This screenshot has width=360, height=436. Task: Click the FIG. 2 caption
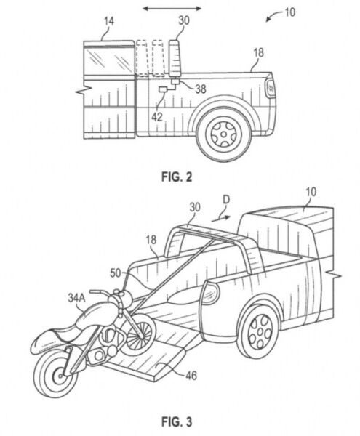[177, 177]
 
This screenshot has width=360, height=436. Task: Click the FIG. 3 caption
[177, 421]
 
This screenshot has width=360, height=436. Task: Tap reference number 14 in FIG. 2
[109, 21]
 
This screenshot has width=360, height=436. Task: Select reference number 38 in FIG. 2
[200, 89]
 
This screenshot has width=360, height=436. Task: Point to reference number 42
[156, 117]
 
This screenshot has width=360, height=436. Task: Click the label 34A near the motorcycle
[76, 298]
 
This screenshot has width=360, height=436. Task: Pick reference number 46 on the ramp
[191, 376]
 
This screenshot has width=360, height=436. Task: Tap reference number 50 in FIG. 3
[116, 273]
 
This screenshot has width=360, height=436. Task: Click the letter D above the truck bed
[226, 200]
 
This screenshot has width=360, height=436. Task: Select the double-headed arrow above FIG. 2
[172, 8]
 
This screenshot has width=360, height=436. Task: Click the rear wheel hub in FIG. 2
[223, 134]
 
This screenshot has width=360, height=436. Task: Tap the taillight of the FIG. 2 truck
[270, 88]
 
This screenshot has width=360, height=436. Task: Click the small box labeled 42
[162, 89]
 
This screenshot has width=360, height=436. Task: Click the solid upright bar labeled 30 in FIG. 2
[175, 58]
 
